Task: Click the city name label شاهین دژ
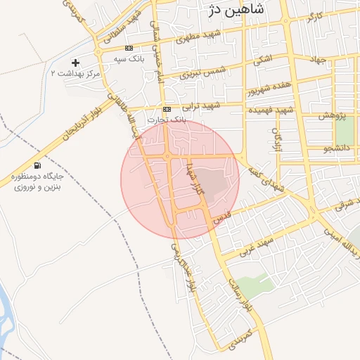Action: click(236, 9)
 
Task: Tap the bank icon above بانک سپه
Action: click(128, 49)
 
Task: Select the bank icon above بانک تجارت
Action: click(167, 110)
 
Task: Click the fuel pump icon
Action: click(37, 166)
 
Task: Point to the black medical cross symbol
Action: click(76, 63)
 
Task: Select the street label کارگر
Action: click(316, 15)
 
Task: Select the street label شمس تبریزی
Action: click(200, 70)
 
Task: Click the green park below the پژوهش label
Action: click(344, 131)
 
